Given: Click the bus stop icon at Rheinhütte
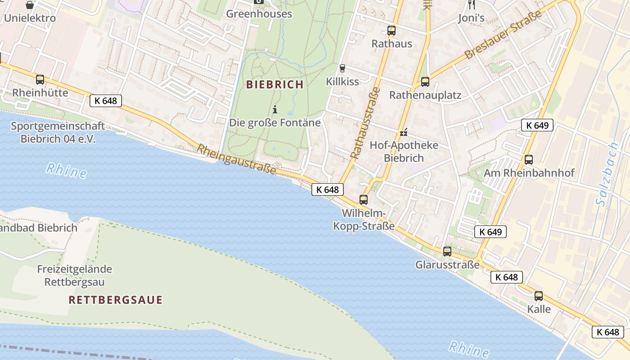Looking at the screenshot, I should [40, 80].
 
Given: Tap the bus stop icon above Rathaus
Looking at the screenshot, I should [391, 31].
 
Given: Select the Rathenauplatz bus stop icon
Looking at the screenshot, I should [425, 82].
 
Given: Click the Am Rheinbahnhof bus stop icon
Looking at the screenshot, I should [529, 159].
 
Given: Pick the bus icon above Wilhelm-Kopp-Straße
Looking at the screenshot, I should [364, 199].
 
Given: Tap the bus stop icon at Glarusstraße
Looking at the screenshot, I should [447, 251].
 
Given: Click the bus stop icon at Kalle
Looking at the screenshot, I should [539, 296].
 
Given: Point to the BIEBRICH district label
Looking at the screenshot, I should [275, 84].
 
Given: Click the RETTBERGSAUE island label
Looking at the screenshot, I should [115, 300].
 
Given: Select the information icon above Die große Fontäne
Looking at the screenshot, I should [275, 109].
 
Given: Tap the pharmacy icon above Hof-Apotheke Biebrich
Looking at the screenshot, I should [404, 132].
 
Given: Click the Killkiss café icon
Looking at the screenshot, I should [342, 68].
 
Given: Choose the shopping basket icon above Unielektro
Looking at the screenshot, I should [30, 5].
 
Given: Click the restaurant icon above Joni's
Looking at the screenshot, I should [472, 4].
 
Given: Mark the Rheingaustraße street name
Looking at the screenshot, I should [236, 160].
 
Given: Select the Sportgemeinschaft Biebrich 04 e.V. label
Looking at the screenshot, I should [58, 132].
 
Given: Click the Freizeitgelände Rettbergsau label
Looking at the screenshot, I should [75, 275].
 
